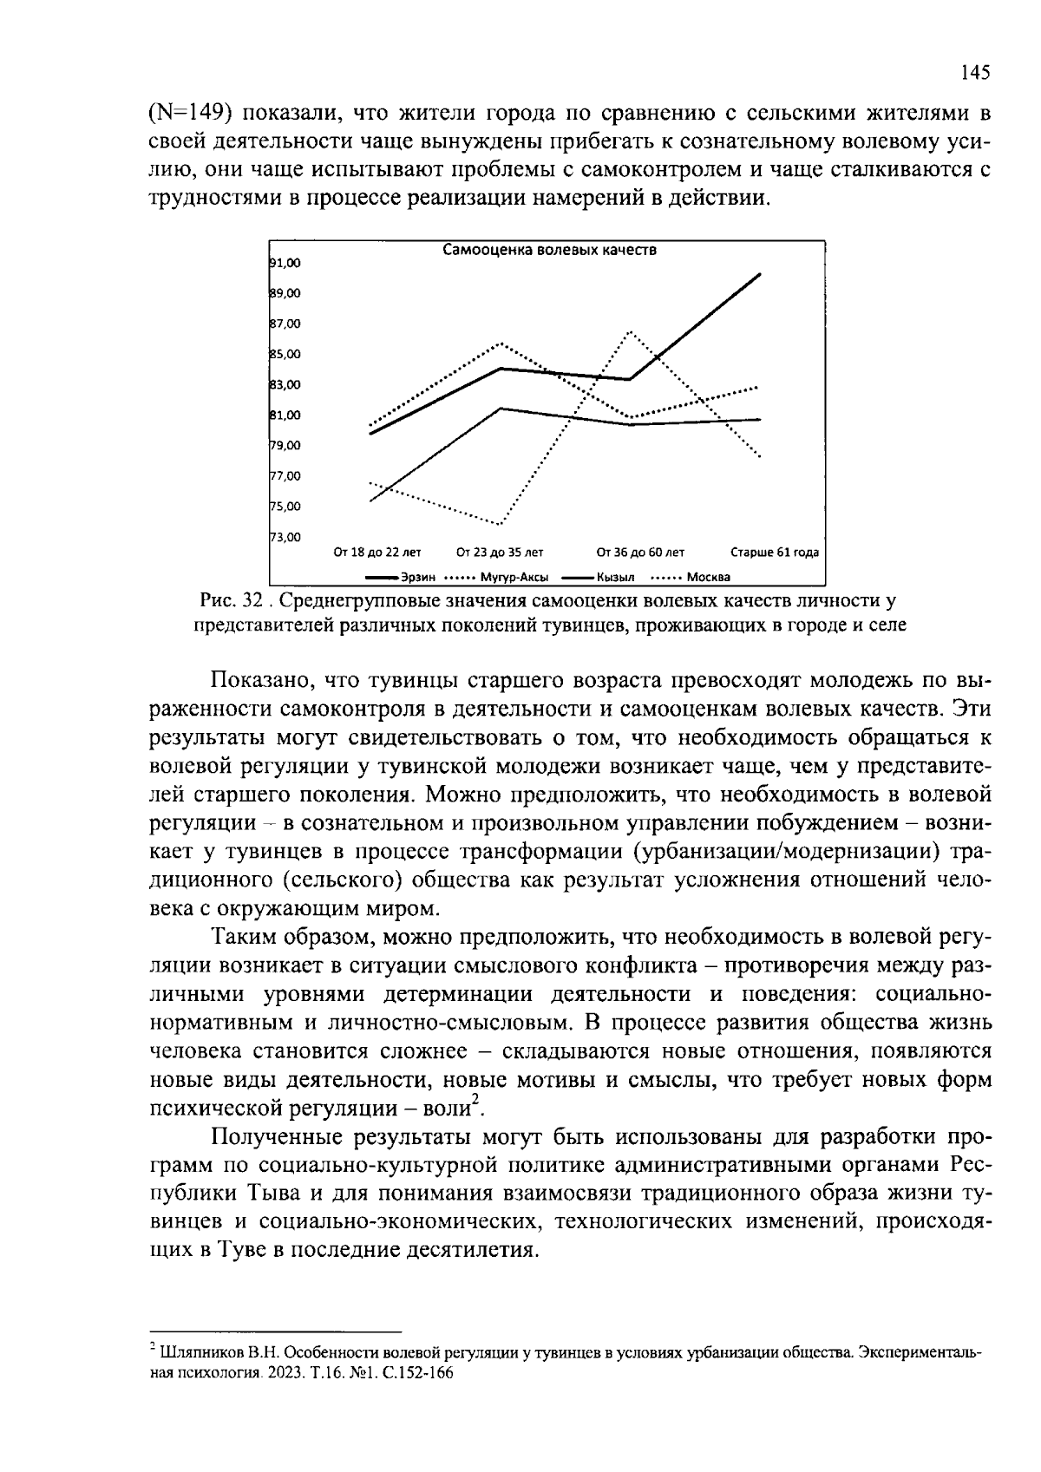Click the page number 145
[975, 73]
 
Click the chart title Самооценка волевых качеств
[549, 251]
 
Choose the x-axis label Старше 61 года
[775, 553]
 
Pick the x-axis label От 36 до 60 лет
[640, 553]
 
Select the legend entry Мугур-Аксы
[519, 577]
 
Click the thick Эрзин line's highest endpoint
[760, 273]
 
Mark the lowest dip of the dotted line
[501, 524]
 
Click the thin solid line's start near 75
[371, 500]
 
